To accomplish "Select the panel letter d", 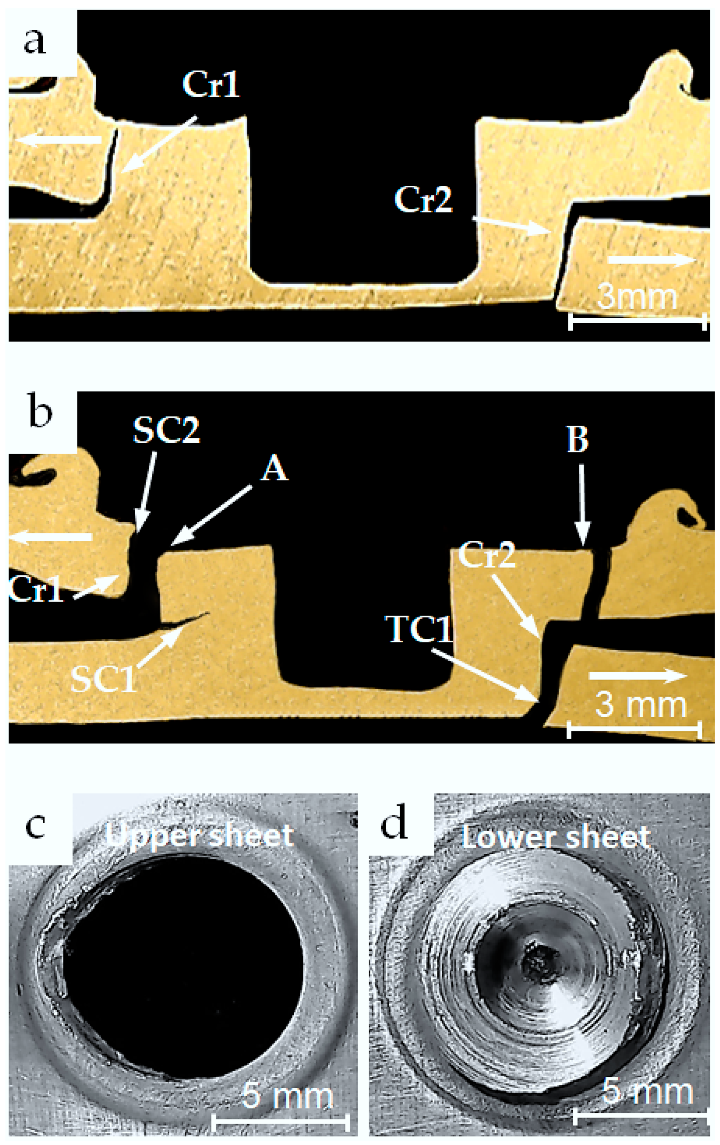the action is [395, 825].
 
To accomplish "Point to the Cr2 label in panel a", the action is [423, 199].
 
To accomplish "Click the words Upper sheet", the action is [199, 835].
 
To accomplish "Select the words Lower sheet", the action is [555, 837].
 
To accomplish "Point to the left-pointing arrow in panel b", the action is [50, 537].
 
